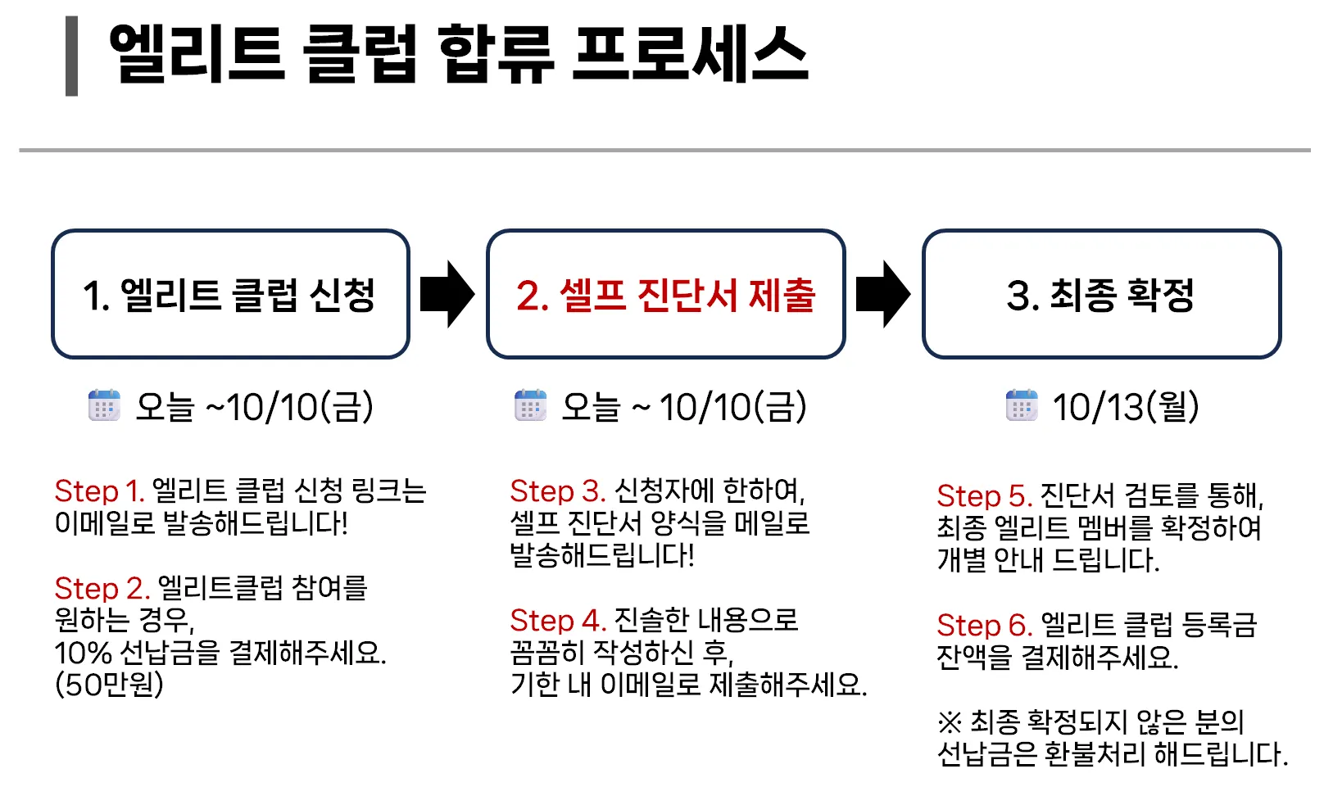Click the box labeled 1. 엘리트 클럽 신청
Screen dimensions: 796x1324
(x=230, y=294)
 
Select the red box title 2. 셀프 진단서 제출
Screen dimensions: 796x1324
(x=665, y=295)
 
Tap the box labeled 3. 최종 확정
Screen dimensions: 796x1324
(x=1100, y=294)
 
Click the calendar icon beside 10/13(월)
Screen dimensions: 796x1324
(x=1022, y=405)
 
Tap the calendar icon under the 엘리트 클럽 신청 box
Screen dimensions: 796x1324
(x=104, y=405)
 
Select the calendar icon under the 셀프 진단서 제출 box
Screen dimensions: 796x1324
(x=530, y=405)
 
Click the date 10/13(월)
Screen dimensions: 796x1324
(x=1126, y=407)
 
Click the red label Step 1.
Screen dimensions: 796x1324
(x=99, y=491)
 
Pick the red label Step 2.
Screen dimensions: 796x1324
(x=102, y=588)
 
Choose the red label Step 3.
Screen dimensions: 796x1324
(x=557, y=491)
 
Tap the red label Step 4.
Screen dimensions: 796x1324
(x=557, y=620)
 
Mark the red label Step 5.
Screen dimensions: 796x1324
(x=983, y=496)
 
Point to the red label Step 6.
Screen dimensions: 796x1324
(x=983, y=626)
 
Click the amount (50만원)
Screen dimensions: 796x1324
(x=109, y=685)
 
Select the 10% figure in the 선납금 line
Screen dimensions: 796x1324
(x=83, y=653)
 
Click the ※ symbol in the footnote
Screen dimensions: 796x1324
(x=950, y=722)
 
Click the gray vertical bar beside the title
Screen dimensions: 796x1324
(x=72, y=56)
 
